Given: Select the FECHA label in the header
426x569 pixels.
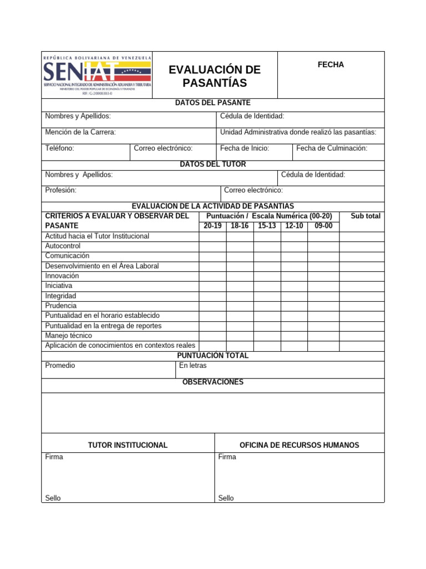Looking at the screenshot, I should click(x=331, y=64).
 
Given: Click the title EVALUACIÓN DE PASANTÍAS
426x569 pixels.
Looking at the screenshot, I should click(x=215, y=76).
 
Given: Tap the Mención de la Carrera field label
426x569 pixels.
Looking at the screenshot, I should click(x=80, y=132).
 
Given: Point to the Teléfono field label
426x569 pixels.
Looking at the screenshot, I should click(x=60, y=148).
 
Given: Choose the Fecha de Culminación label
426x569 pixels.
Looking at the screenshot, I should click(x=332, y=148).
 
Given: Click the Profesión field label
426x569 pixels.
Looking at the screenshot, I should click(x=61, y=190).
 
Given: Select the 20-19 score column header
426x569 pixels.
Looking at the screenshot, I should click(x=212, y=226).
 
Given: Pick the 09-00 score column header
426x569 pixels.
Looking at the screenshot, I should click(x=323, y=226).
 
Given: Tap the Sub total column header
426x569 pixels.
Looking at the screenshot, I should click(x=366, y=216).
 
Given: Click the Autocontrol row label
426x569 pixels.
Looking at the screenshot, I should click(x=63, y=246).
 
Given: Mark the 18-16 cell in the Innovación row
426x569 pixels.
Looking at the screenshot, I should click(x=240, y=276).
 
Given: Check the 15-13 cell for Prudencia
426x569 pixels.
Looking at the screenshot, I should click(x=267, y=306).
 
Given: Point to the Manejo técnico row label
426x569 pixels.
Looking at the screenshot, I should click(x=69, y=336).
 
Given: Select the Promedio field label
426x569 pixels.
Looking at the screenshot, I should click(x=60, y=366).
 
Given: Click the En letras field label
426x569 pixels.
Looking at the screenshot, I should click(x=192, y=366).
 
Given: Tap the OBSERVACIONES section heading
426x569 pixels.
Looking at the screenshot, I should click(x=213, y=382).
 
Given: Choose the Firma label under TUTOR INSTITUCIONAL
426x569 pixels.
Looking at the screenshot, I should click(x=54, y=457).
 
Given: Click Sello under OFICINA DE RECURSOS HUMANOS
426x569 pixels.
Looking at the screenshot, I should click(x=226, y=498).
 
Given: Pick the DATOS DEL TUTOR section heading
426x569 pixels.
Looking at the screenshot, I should click(x=213, y=164).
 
